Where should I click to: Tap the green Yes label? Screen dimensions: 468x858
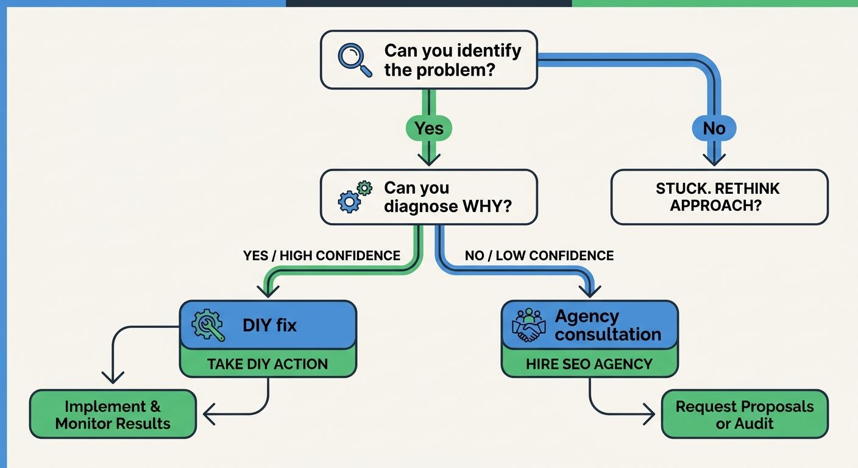point(428,129)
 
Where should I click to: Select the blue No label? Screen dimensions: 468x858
point(714,129)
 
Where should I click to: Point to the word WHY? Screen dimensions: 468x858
point(487,207)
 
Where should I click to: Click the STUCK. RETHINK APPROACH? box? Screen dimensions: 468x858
point(719,197)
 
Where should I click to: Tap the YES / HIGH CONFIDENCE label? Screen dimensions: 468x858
point(322,255)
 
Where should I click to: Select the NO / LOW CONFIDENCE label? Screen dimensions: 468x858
point(539,255)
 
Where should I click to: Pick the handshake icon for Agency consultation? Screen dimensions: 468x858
point(528,325)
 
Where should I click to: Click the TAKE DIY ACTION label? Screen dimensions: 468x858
point(267,364)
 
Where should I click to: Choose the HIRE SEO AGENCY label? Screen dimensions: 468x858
point(589,364)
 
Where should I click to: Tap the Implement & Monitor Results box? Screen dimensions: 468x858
point(113,415)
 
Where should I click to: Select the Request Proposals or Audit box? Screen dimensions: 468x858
point(745,415)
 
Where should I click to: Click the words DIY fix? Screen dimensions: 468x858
point(269,325)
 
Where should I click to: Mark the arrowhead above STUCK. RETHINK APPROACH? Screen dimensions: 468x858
point(714,160)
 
